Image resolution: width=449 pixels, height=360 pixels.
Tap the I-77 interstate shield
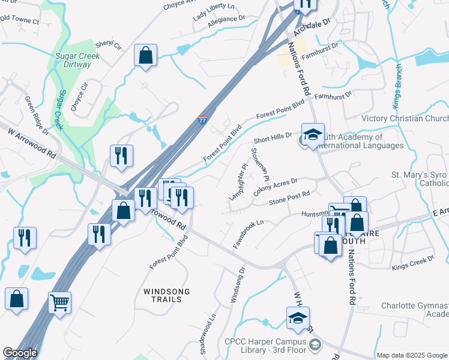click(x=203, y=120)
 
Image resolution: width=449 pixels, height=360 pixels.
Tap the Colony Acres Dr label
click(x=276, y=185)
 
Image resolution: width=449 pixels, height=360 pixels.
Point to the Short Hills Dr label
click(x=273, y=139)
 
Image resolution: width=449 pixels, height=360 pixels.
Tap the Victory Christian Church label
click(x=405, y=119)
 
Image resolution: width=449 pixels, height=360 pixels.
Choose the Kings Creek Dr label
click(x=412, y=263)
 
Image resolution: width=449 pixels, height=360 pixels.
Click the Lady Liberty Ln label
click(x=214, y=8)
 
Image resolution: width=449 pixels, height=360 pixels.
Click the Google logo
click(x=20, y=353)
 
